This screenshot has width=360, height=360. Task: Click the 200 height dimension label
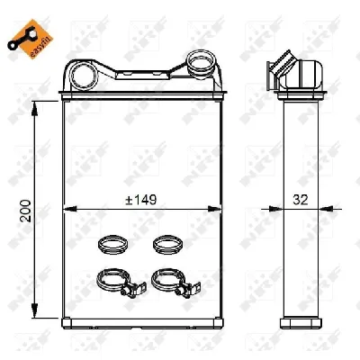click(25, 211)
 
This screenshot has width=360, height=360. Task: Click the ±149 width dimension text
click(141, 200)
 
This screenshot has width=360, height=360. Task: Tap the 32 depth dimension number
click(301, 200)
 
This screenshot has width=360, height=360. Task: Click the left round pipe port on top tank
click(84, 76)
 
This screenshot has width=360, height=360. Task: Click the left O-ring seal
click(112, 245)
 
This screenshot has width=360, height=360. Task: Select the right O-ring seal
click(167, 245)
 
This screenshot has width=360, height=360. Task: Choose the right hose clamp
click(176, 283)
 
